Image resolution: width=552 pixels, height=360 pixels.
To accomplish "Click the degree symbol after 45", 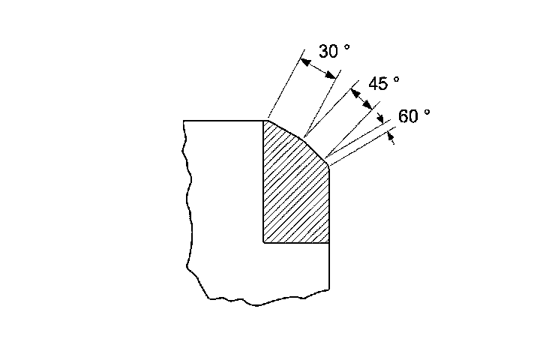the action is tap(397, 78).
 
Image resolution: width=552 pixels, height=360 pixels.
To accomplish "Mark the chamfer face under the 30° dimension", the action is tap(284, 128).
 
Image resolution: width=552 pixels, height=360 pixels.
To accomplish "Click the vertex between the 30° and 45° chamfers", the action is tap(302, 137).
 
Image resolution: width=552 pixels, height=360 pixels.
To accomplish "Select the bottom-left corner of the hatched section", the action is tap(264, 243).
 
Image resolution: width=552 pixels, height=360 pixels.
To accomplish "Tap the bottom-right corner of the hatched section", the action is tap(329, 243).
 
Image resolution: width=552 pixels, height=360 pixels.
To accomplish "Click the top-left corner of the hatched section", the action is tap(264, 120).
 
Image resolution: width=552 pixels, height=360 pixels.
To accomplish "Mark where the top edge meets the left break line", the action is tap(184, 120).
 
